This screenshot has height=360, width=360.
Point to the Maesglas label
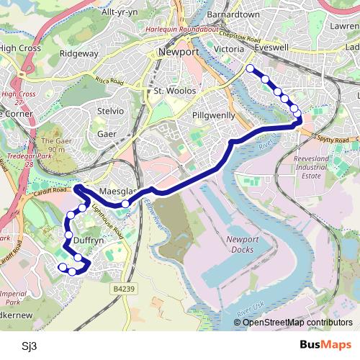(118, 192)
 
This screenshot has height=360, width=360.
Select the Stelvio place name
(111, 112)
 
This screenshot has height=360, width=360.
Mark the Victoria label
(230, 50)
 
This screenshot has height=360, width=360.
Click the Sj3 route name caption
(29, 344)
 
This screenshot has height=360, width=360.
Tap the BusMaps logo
(325, 344)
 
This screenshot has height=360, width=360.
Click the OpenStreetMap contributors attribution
(297, 323)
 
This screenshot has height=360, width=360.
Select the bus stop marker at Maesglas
(125, 204)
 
